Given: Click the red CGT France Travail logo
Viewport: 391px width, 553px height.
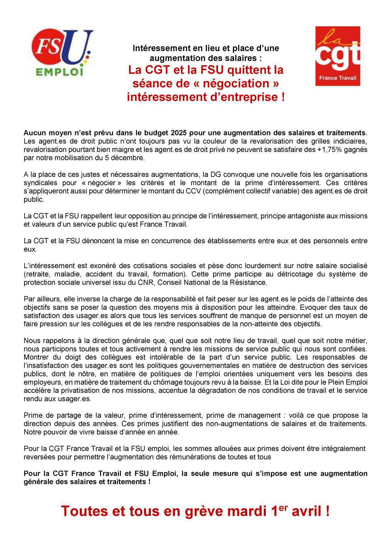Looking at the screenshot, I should coord(338,56).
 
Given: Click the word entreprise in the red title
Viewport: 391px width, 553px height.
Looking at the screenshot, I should coord(247,97).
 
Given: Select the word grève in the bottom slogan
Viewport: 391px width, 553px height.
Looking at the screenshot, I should coord(204,512).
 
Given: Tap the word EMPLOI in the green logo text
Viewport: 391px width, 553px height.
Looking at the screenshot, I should coord(59,71).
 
